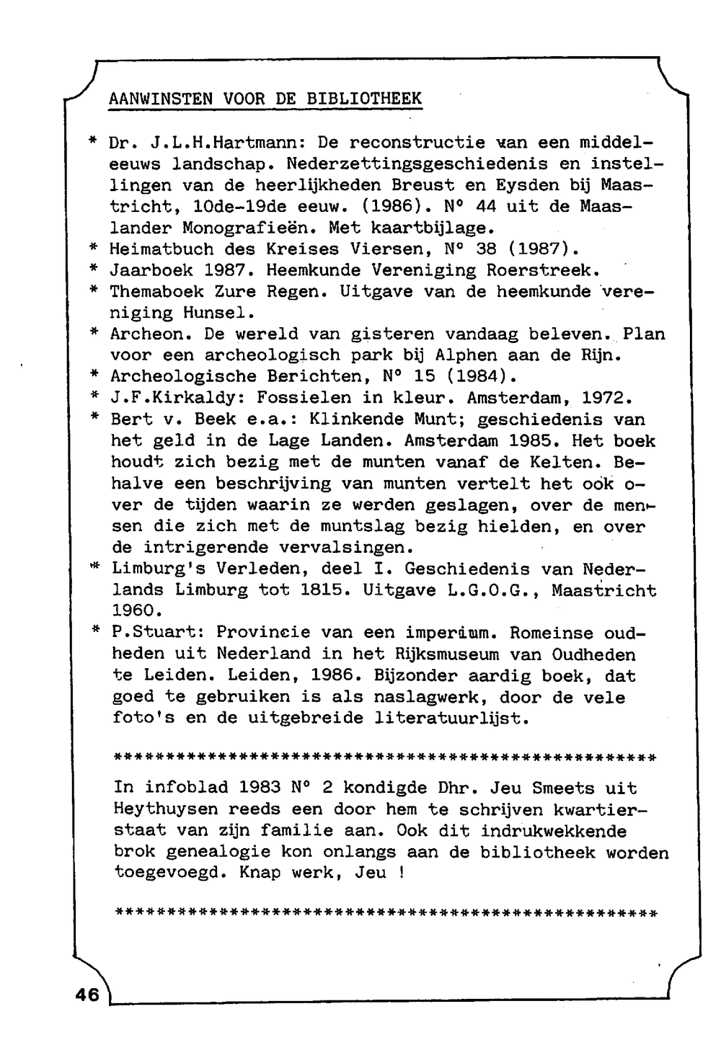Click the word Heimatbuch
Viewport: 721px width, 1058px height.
[162, 249]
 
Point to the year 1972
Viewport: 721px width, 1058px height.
[607, 398]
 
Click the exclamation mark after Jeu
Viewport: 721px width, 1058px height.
[399, 873]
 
